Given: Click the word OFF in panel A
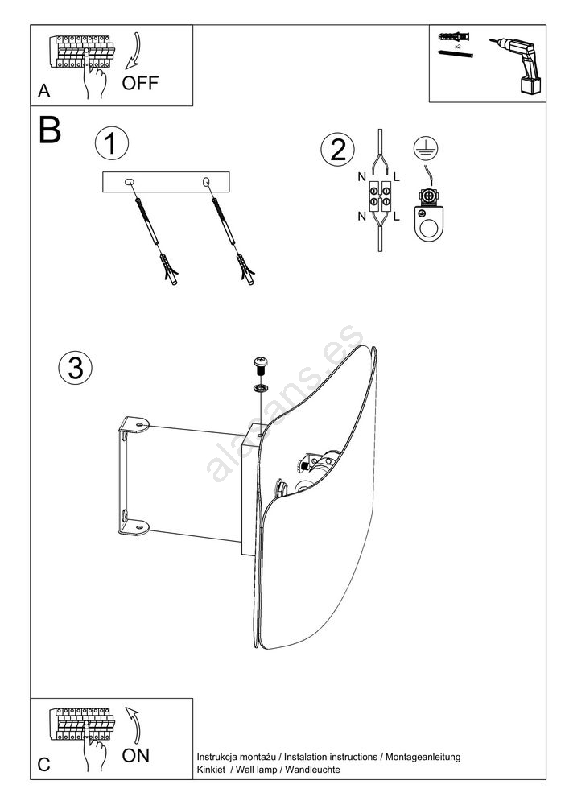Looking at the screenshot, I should pos(141,83).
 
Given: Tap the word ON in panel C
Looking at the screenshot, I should pos(135,755).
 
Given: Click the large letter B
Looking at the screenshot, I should pos(49,130).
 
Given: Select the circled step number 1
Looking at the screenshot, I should pos(112,145).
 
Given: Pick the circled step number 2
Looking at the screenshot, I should pos(337,150).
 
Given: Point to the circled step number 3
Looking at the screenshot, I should pos(76,368).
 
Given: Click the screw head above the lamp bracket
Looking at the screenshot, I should pos(262,363).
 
